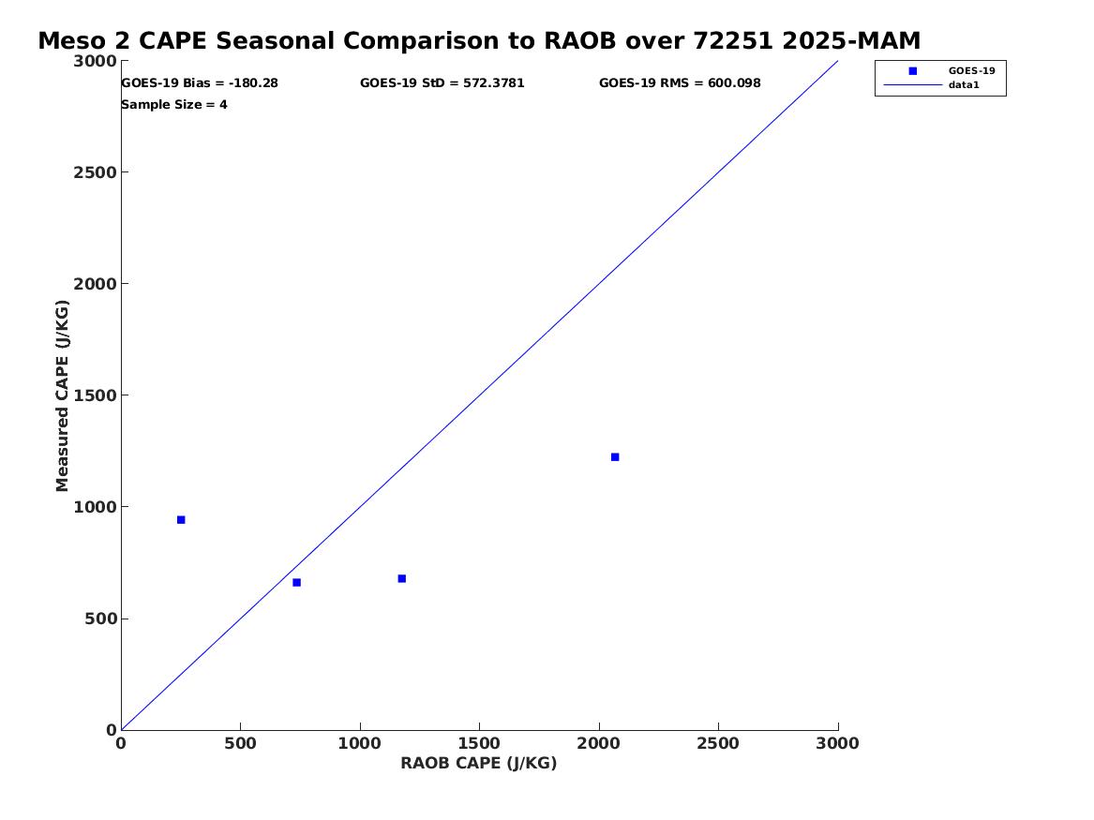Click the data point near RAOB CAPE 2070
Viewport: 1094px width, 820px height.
[x=615, y=457]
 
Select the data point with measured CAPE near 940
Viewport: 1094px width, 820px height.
[x=181, y=519]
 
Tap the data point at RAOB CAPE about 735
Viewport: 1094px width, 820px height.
[x=296, y=582]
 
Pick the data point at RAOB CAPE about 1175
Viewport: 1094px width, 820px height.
[x=402, y=579]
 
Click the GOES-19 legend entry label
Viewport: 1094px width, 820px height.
[x=971, y=70]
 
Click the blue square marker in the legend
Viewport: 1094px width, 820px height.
[x=912, y=71]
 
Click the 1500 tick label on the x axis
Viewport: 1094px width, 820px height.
[x=479, y=744]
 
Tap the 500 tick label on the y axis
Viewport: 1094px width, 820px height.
[x=100, y=619]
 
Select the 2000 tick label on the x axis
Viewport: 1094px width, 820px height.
[x=599, y=744]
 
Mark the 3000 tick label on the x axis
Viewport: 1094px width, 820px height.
[x=837, y=744]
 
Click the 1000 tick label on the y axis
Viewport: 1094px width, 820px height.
[x=95, y=507]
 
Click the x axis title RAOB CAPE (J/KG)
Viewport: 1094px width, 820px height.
[x=479, y=764]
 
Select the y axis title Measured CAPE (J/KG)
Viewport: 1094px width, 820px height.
[x=62, y=395]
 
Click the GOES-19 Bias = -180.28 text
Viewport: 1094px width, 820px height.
[x=200, y=83]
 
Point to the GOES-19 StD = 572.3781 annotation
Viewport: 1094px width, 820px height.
[x=442, y=83]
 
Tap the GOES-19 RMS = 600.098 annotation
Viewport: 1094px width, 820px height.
[x=680, y=83]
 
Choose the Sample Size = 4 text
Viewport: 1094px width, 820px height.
[x=173, y=105]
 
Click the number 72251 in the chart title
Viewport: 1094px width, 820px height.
[x=733, y=41]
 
